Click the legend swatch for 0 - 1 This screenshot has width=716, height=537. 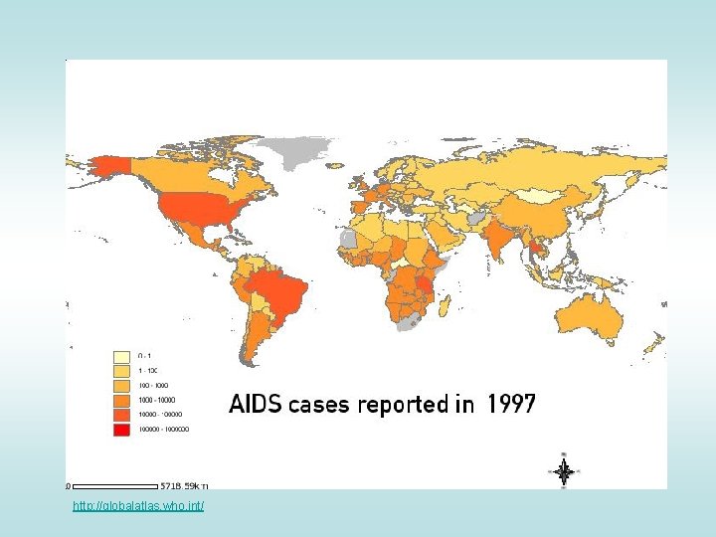point(121,355)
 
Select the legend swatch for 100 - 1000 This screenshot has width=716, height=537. point(121,384)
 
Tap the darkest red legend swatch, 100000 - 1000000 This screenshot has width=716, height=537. point(121,429)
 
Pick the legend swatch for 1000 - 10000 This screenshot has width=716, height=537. point(121,399)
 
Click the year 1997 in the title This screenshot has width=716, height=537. point(511,404)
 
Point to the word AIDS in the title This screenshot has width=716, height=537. point(256,404)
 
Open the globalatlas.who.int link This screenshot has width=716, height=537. point(138,507)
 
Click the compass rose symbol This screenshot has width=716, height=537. point(563,470)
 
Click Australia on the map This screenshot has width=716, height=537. point(592,316)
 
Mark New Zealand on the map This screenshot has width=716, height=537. point(654,343)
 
